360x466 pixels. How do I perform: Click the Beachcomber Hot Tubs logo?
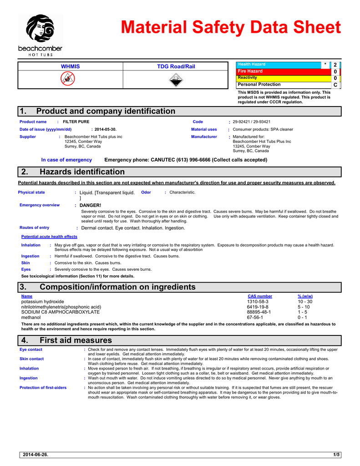40,35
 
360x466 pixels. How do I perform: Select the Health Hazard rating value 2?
335,66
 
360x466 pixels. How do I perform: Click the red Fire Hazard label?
250,71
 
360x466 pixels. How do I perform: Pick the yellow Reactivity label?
248,78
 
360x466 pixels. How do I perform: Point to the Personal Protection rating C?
335,85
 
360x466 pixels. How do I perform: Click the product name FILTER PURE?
76,122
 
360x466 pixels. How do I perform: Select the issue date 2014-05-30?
106,129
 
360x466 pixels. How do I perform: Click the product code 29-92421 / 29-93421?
251,122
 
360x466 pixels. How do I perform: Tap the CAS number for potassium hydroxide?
258,302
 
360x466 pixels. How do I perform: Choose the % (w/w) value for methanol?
302,317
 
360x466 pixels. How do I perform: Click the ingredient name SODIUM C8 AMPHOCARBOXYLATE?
61,312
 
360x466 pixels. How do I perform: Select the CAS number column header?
260,296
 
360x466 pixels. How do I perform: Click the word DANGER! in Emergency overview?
91,206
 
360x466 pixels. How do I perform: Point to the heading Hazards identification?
82,172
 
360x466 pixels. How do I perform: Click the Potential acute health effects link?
49,237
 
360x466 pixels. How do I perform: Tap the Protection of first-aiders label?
43,388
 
